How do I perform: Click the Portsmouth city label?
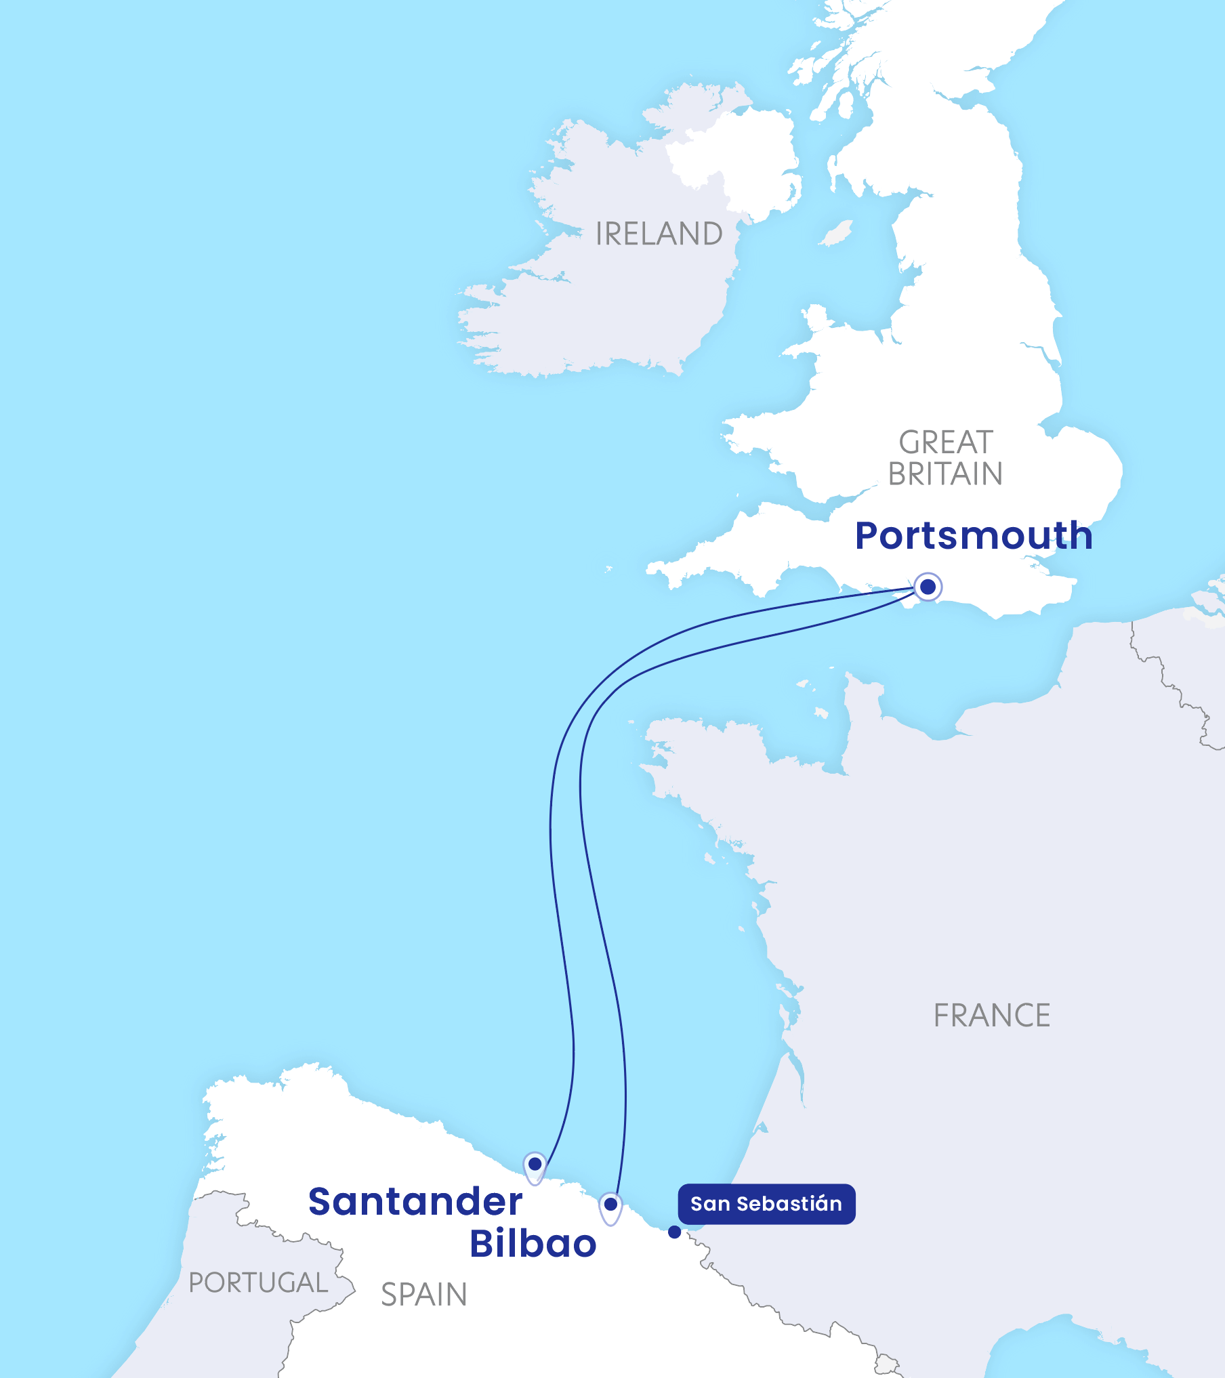tap(974, 536)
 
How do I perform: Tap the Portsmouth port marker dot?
tap(928, 587)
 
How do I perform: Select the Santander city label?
tap(415, 1202)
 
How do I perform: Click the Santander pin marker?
tap(535, 1165)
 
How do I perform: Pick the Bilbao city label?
tap(533, 1243)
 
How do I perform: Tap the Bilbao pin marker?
tap(610, 1205)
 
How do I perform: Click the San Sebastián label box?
tap(766, 1204)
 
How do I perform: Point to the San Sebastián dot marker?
tap(674, 1232)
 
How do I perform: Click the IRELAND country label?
tap(659, 234)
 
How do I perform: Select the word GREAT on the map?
tap(946, 442)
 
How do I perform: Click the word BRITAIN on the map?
tap(945, 474)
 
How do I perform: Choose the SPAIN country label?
tap(424, 1295)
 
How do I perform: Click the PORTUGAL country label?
tap(258, 1282)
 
